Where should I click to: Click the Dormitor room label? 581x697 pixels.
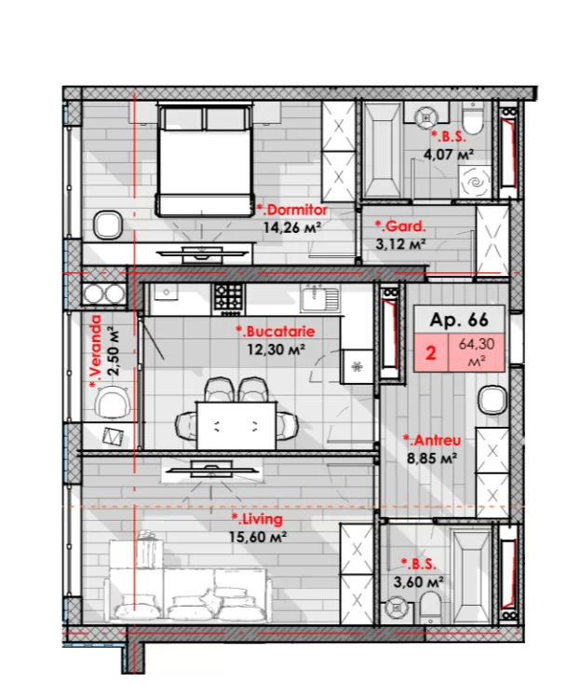[292, 210]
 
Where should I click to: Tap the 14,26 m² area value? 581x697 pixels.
[292, 228]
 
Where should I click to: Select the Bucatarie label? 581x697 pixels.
[276, 332]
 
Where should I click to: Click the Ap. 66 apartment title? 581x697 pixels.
[459, 320]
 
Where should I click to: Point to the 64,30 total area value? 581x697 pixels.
[477, 344]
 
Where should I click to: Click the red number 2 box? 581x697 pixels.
[431, 352]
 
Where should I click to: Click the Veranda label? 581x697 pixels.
[96, 351]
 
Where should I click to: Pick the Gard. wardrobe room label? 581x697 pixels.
[400, 226]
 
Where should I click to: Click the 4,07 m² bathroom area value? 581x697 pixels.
[448, 155]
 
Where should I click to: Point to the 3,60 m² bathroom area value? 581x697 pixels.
[418, 581]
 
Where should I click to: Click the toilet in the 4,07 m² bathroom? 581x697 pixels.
[473, 117]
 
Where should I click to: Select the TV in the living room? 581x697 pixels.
[211, 470]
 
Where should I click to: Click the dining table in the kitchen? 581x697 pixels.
[236, 426]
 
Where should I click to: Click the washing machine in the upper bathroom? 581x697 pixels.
[476, 182]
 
